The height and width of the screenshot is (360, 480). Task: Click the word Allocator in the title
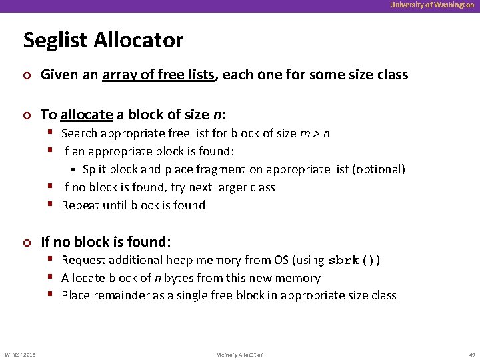pos(138,40)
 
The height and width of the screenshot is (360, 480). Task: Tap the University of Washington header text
pos(432,5)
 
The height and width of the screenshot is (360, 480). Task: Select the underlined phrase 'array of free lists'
pos(160,75)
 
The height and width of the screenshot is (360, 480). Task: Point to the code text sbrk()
pos(355,261)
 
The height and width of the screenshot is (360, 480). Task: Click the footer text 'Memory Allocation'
pos(240,355)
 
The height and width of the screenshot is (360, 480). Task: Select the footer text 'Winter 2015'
pos(20,355)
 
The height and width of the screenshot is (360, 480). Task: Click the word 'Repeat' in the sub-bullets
pos(80,205)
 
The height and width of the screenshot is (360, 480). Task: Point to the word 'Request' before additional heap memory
pos(83,260)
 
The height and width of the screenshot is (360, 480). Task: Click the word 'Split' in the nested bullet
pos(95,169)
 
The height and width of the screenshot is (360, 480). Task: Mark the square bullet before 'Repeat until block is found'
pos(52,205)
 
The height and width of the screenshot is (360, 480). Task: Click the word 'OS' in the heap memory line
pos(282,260)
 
